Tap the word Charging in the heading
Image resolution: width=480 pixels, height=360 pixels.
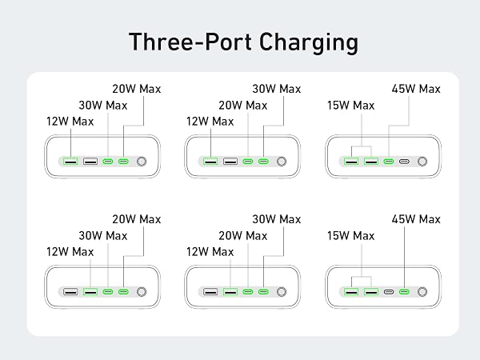(x=309, y=43)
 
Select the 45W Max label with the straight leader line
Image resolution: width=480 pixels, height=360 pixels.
(x=416, y=219)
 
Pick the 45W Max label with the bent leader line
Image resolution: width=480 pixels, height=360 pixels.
(x=416, y=89)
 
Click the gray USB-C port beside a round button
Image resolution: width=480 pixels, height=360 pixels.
(x=404, y=162)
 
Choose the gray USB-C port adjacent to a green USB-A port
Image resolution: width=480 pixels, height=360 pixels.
(x=389, y=292)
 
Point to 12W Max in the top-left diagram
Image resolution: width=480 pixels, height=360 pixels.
(x=70, y=122)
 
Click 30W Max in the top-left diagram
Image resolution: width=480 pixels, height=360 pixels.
(x=103, y=106)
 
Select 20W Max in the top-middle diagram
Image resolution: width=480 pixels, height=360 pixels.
(x=242, y=106)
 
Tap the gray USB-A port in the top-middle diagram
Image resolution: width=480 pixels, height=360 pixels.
(x=230, y=161)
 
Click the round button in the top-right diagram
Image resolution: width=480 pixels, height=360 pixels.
(x=422, y=162)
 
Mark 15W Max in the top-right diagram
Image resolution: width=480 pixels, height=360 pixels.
(x=351, y=106)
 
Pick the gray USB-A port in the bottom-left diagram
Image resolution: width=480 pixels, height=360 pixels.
(x=70, y=291)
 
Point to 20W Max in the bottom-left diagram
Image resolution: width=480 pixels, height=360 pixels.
(x=137, y=219)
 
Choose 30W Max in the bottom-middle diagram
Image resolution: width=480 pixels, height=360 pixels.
(x=277, y=219)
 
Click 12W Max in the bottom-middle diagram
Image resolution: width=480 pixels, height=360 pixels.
(x=210, y=252)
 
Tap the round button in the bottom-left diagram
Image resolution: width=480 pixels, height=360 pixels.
(x=142, y=292)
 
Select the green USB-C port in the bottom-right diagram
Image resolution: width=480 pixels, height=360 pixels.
(x=404, y=292)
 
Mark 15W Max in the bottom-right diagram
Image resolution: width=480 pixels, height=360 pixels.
(x=351, y=236)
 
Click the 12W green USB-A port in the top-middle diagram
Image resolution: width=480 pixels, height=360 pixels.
(x=210, y=161)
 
